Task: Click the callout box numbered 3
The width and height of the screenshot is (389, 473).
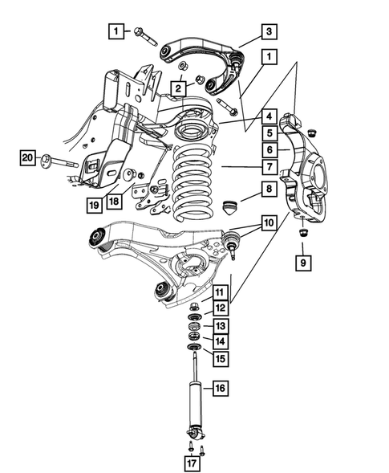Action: pyautogui.click(x=269, y=32)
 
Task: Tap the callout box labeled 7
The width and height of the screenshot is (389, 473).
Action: pyautogui.click(x=269, y=167)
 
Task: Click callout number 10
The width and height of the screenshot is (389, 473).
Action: pyautogui.click(x=269, y=221)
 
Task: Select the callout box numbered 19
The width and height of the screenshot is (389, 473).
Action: pyautogui.click(x=95, y=204)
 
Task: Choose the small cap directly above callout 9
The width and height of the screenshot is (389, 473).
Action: pyautogui.click(x=304, y=233)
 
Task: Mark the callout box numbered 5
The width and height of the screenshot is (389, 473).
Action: pyautogui.click(x=269, y=133)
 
